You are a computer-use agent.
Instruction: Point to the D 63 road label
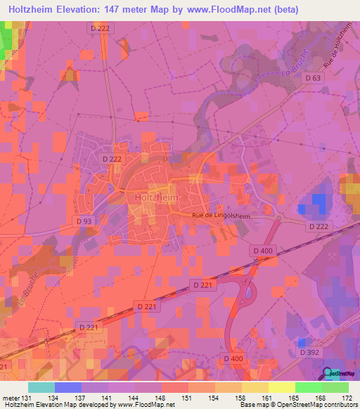click(x=314, y=78)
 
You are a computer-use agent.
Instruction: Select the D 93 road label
click(x=84, y=221)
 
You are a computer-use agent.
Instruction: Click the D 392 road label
click(x=308, y=351)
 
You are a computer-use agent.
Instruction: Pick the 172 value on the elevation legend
click(x=347, y=397)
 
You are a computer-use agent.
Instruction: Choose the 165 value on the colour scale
click(x=294, y=397)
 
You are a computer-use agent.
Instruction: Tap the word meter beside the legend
click(x=12, y=397)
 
